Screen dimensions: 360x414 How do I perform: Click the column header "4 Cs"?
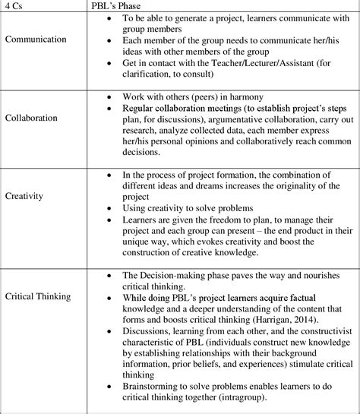click(14, 6)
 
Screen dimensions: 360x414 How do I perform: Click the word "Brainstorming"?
click(151, 386)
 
